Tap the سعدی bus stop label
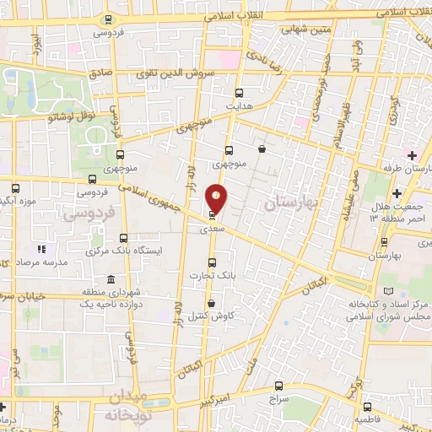(211, 229)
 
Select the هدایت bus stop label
(240, 107)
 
